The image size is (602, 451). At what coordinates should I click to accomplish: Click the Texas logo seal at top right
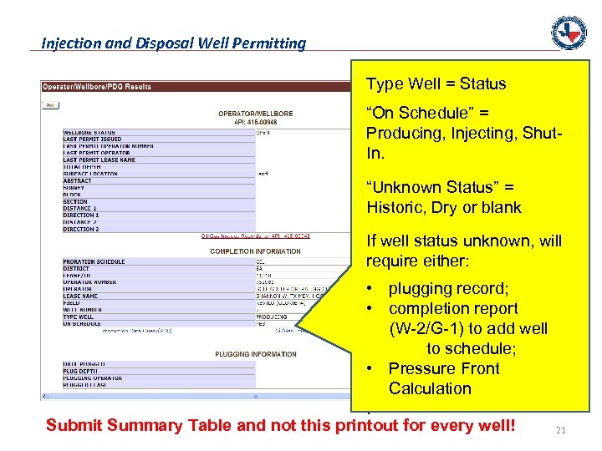569,33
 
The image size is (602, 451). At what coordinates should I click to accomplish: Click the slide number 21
561,430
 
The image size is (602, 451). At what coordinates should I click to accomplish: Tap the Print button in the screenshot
50,105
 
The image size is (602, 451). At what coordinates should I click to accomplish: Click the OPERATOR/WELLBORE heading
257,114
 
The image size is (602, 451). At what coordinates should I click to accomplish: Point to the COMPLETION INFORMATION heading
256,251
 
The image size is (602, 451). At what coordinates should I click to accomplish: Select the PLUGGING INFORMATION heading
255,354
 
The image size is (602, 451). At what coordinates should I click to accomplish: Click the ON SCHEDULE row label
83,324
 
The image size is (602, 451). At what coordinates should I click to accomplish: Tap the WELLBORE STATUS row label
89,133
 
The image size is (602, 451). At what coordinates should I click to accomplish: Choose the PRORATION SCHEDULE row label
94,261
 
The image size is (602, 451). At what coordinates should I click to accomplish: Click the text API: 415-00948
257,121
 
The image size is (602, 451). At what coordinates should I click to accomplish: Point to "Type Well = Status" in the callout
436,84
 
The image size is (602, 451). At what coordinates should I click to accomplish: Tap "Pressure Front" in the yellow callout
444,368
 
